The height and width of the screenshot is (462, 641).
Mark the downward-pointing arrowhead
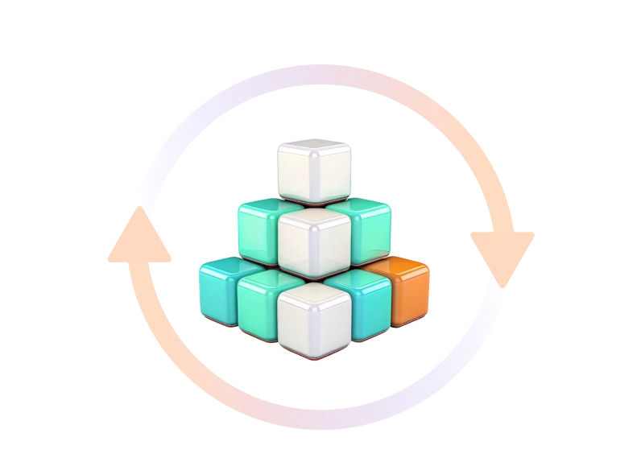(x=502, y=246)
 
